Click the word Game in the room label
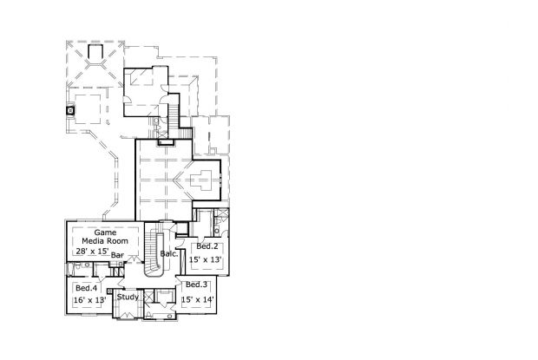point(105,232)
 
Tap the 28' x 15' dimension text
point(92,252)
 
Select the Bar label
point(117,255)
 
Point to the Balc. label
point(169,254)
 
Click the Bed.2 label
point(207,246)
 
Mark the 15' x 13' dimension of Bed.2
point(206,260)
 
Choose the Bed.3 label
point(197,285)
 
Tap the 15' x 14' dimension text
point(198,299)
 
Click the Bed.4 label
point(87,288)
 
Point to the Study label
point(128,297)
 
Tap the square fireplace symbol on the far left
point(70,110)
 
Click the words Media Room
point(105,241)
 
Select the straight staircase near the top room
point(174,115)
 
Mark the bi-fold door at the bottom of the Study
point(127,315)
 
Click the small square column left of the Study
point(109,291)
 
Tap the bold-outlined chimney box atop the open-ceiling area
point(166,142)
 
